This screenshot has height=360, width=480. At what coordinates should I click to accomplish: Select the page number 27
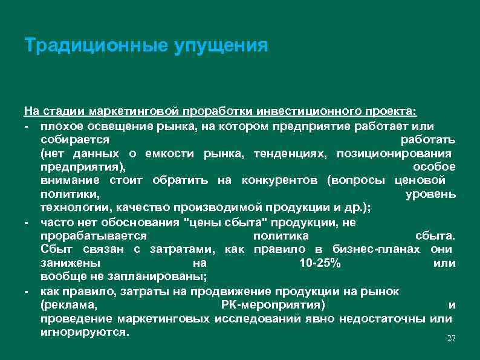tap(451, 338)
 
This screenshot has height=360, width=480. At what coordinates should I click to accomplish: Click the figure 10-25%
tap(320, 264)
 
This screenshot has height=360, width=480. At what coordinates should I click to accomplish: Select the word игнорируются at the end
tap(84, 333)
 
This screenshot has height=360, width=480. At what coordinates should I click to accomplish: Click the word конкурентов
tap(281, 180)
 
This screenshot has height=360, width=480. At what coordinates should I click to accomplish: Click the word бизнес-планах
tap(369, 249)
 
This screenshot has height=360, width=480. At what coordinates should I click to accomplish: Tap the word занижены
tap(66, 264)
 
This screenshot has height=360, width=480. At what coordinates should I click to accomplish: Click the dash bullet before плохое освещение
tap(27, 126)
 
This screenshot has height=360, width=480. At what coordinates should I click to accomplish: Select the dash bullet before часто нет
tap(27, 222)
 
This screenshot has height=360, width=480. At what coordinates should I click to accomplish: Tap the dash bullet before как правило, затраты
tap(27, 292)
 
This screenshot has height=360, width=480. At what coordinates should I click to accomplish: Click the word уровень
tap(430, 194)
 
